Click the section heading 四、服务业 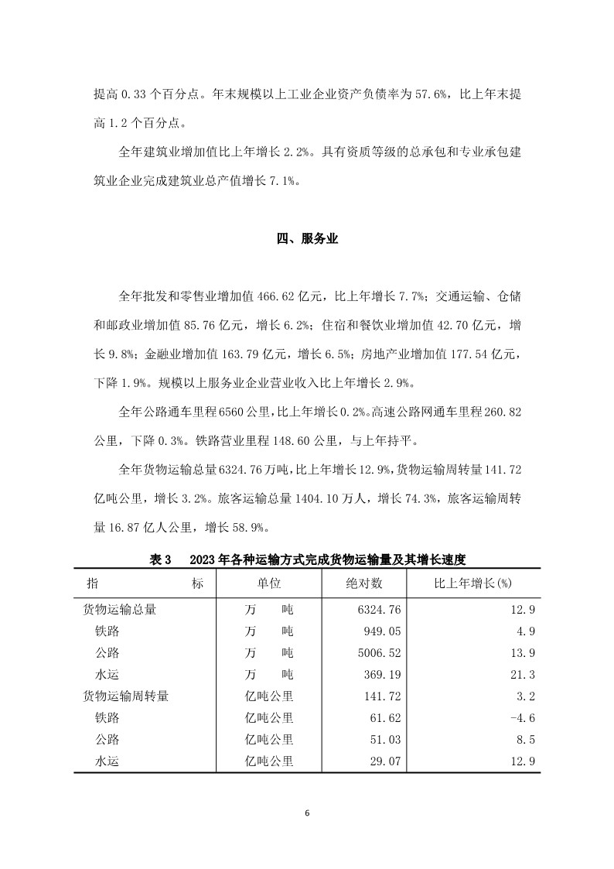[307, 239]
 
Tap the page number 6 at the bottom [307, 813]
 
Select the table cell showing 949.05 [363, 631]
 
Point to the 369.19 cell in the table [363, 674]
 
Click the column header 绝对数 [363, 583]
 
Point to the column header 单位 [269, 583]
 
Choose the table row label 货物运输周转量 [126, 696]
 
